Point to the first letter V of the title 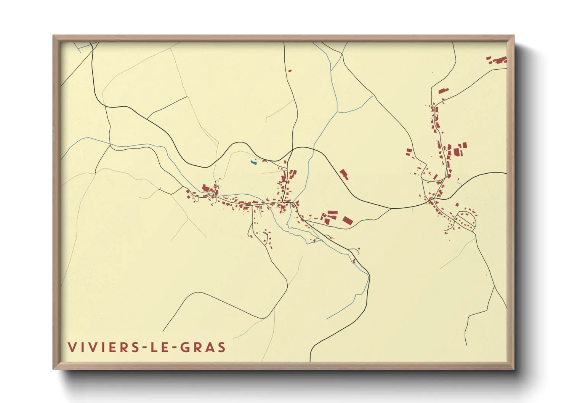(x=72, y=347)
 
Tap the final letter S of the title (x=221, y=347)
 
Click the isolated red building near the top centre (x=290, y=70)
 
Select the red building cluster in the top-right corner (x=497, y=60)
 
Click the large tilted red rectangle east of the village (x=347, y=220)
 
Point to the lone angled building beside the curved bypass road (x=344, y=174)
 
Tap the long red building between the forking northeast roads (x=443, y=91)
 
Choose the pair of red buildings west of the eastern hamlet (x=409, y=152)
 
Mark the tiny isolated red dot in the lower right (x=486, y=275)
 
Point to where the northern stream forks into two (x=337, y=112)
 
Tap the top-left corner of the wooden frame (x=54, y=36)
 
